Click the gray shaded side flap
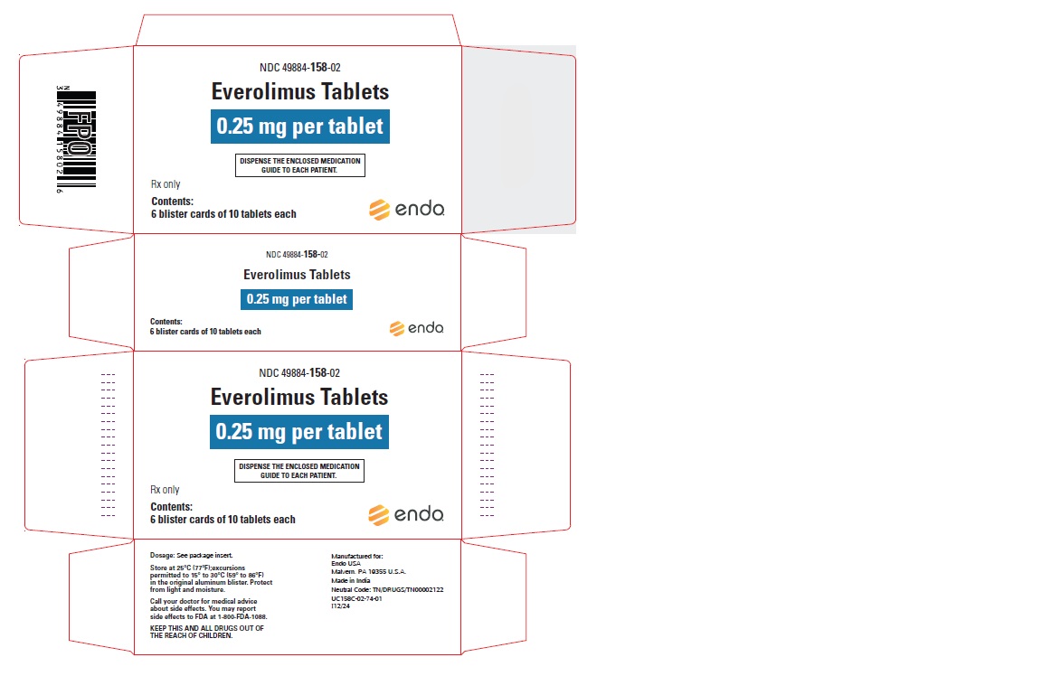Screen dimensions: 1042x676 (518, 139)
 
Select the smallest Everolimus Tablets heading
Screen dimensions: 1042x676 (297, 274)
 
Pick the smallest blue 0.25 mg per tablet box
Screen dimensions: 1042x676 (297, 299)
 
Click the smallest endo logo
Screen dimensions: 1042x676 (416, 328)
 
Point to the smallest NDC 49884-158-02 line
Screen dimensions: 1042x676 (297, 254)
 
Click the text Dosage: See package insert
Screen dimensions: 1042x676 (192, 555)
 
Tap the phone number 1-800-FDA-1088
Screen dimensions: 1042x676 (242, 617)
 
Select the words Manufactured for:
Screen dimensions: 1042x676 (357, 557)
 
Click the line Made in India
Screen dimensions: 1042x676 (351, 580)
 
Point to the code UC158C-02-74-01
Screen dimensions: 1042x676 (356, 598)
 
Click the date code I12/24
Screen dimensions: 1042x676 (340, 606)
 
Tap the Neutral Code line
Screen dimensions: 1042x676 (387, 589)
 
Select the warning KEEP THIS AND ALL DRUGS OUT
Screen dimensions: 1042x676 (206, 628)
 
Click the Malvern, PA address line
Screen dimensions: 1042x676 (368, 572)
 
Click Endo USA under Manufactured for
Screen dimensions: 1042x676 (346, 564)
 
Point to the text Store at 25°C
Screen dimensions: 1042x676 (169, 568)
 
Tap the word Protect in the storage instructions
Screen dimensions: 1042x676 (260, 582)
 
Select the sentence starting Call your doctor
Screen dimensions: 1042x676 (208, 609)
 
